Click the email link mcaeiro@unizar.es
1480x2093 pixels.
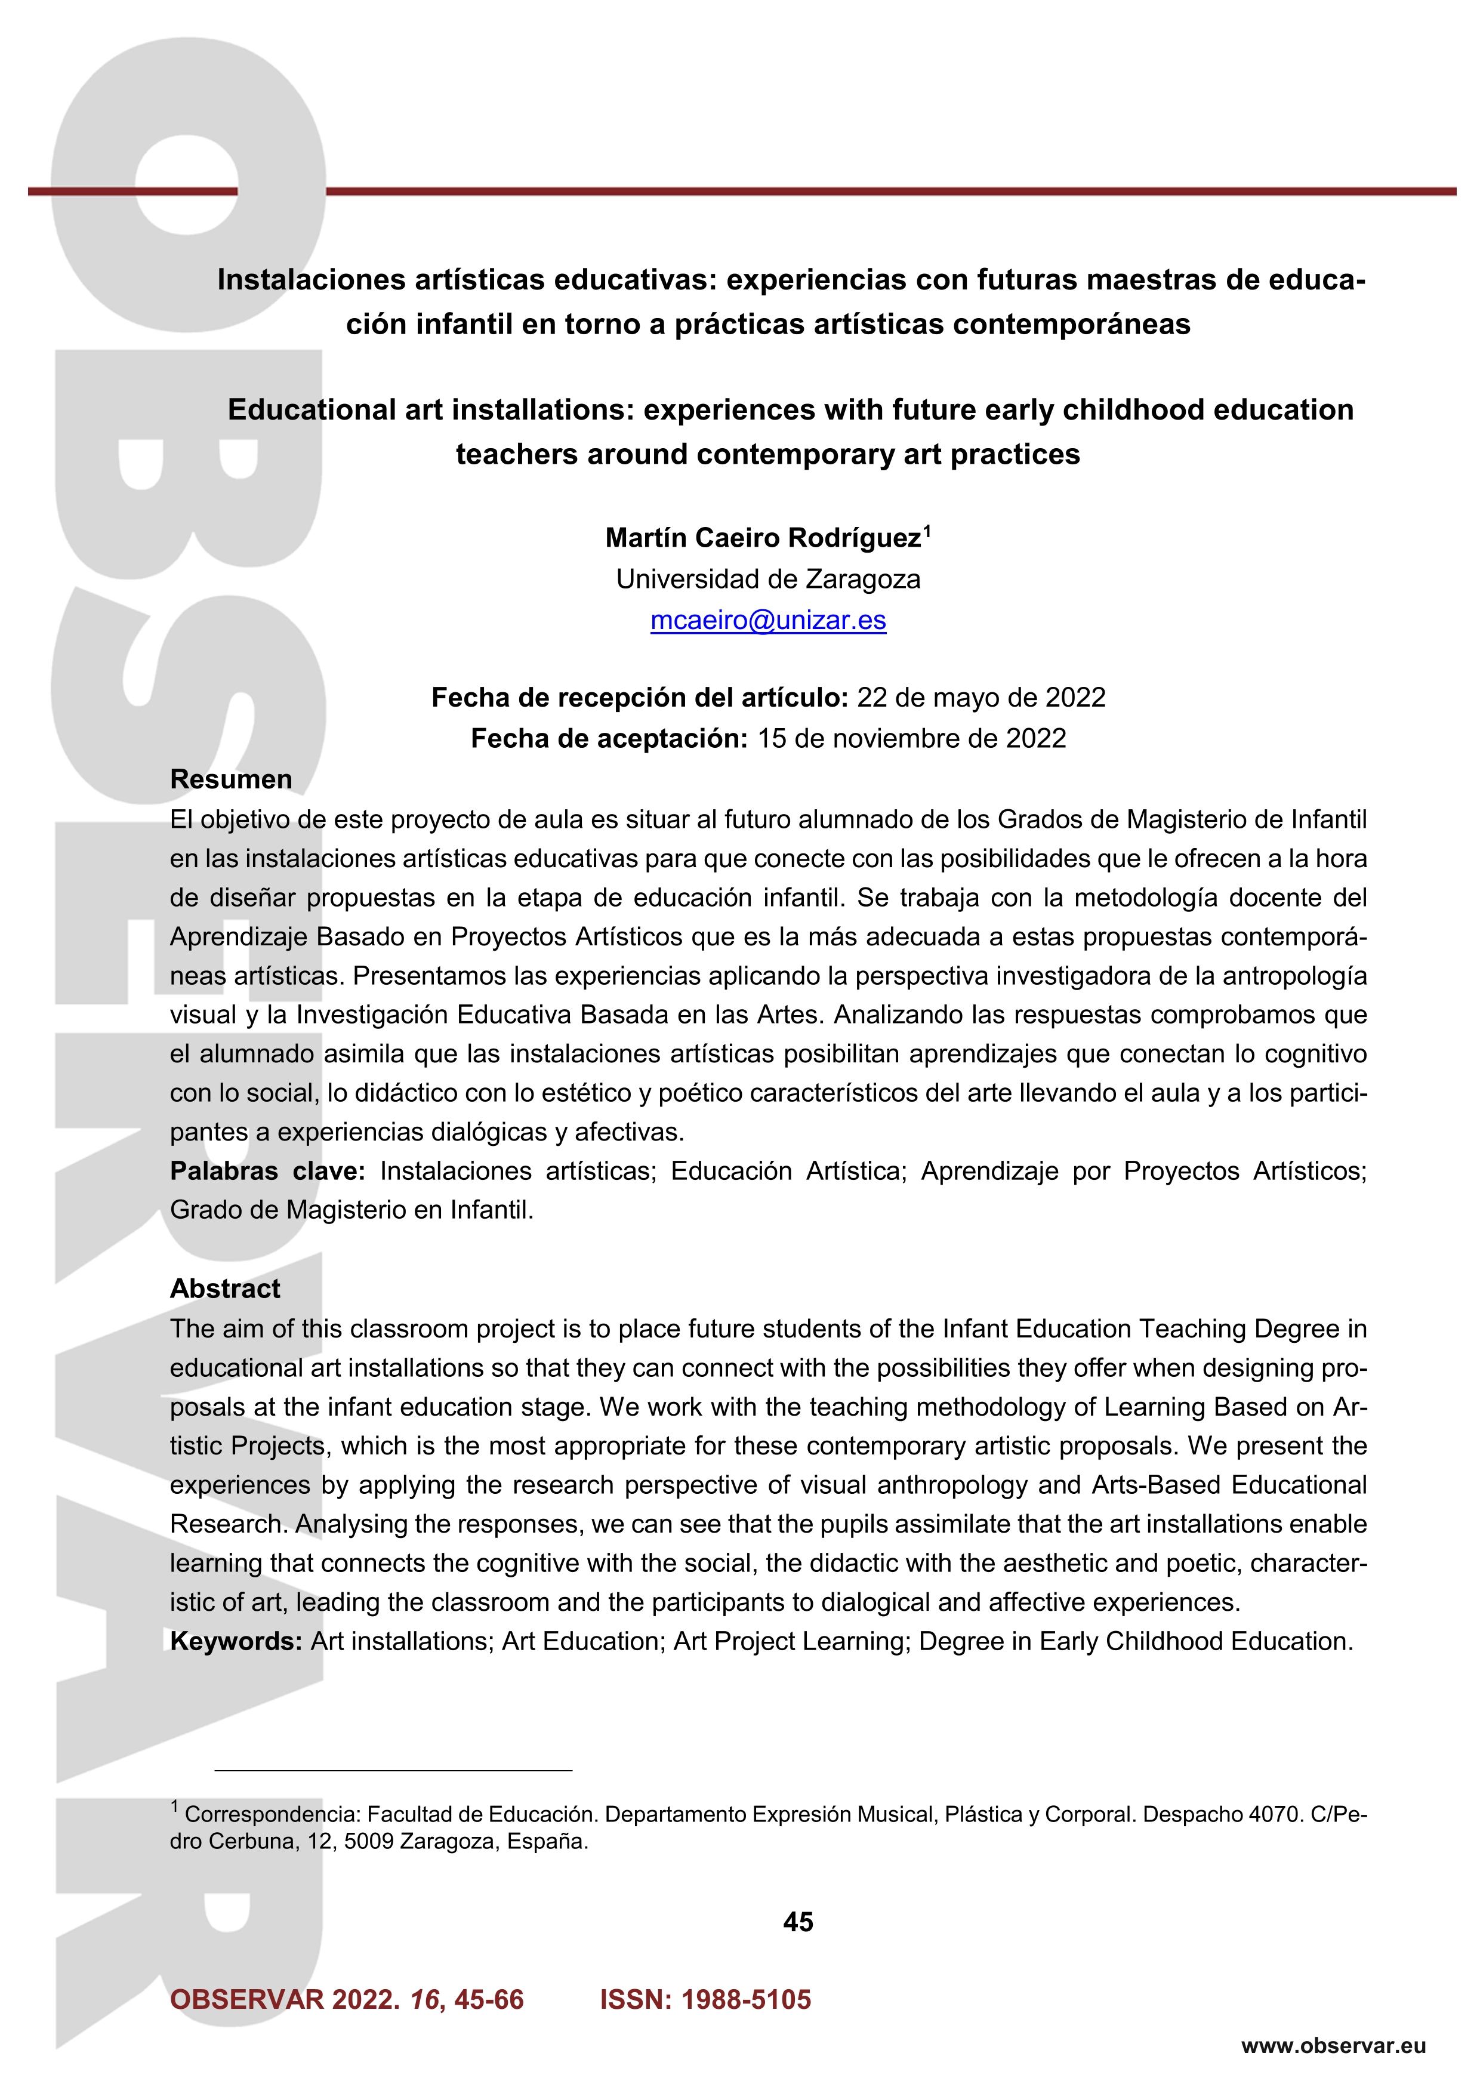(x=767, y=621)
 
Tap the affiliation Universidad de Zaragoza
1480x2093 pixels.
(x=767, y=579)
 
